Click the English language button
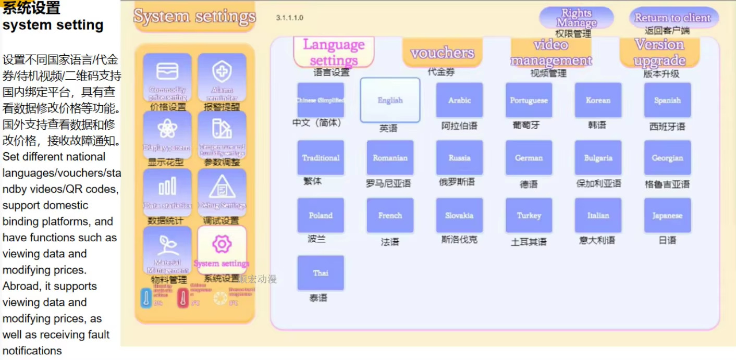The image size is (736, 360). point(390,100)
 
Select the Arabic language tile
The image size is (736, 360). point(459,100)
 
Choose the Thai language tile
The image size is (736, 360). point(321,272)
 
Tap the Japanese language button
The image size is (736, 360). point(667,215)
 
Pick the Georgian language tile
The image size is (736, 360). point(667,157)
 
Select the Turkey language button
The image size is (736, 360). point(529,215)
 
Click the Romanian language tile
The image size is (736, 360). point(390,157)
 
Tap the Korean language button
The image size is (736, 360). point(598,100)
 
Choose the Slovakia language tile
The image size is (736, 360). point(459,215)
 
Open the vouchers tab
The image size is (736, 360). point(442,53)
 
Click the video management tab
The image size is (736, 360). point(551,53)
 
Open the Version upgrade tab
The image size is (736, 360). point(659,53)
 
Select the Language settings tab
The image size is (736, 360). point(334,52)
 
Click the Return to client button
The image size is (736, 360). point(672,18)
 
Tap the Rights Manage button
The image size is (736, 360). point(576,18)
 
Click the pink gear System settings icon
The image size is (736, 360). point(222,245)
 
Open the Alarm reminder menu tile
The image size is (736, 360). point(222,77)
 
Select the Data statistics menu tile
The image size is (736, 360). point(167,192)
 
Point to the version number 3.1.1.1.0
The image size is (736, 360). point(290,18)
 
